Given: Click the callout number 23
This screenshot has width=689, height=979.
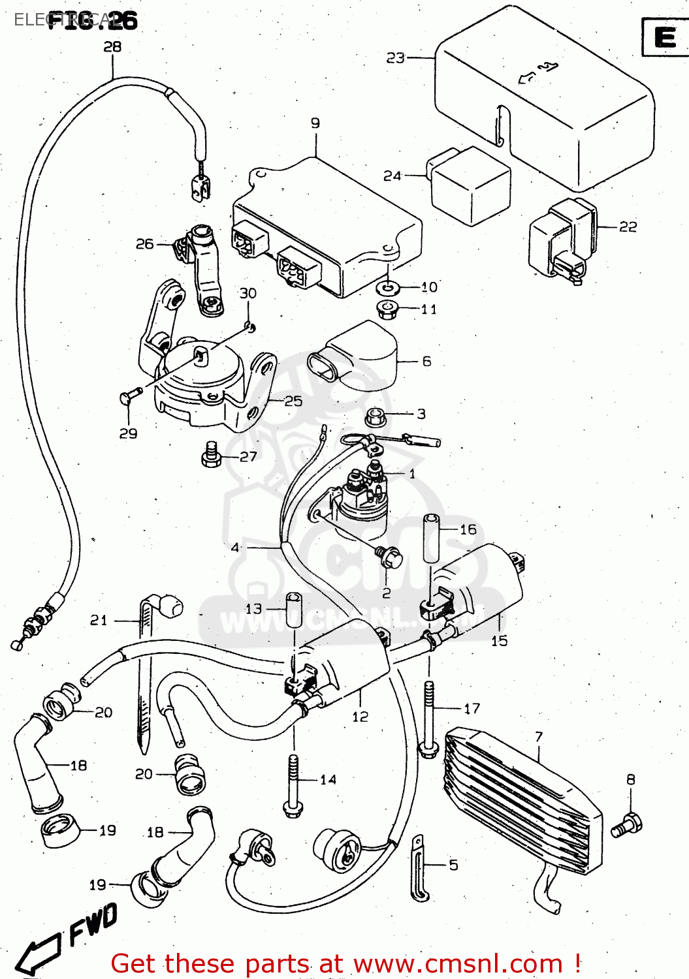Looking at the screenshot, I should [395, 58].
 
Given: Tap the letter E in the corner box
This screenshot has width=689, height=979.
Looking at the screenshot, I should [665, 37].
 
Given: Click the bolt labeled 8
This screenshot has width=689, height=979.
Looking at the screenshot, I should [627, 824].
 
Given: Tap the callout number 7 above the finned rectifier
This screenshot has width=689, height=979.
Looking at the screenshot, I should [539, 737].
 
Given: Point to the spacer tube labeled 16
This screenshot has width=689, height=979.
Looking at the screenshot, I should [430, 538].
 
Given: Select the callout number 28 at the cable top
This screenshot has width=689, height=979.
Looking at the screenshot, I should [112, 46].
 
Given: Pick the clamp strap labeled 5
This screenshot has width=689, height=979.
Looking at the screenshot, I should [418, 868].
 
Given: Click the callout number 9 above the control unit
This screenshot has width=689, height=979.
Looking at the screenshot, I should [315, 123].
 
